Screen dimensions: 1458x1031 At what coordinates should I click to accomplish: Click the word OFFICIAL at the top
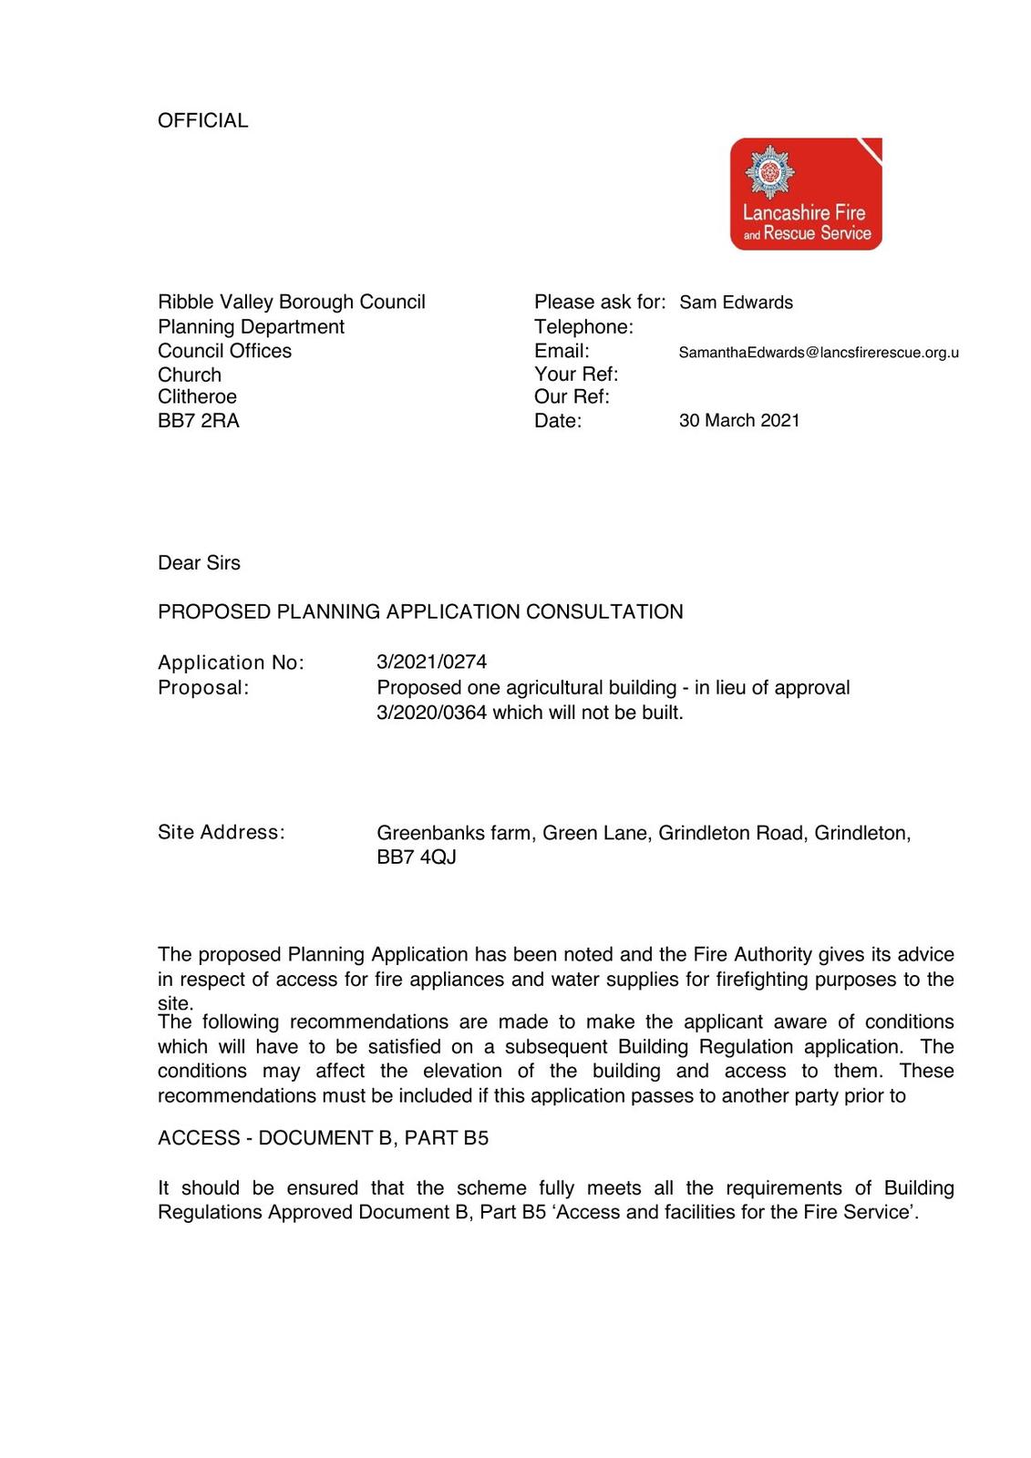click(202, 120)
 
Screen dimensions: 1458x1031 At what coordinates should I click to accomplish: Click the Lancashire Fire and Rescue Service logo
click(806, 194)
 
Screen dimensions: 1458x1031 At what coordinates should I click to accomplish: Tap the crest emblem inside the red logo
click(770, 171)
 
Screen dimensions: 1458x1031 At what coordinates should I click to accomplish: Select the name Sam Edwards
click(736, 303)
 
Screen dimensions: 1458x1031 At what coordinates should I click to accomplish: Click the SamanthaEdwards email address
click(818, 353)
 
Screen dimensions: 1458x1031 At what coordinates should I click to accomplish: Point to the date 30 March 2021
click(739, 420)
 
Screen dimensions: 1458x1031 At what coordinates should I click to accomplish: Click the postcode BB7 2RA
click(199, 421)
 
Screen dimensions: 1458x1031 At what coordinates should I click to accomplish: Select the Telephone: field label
click(583, 327)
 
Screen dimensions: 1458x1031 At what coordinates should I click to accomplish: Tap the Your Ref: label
click(576, 375)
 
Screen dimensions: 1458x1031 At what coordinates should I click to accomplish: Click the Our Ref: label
click(572, 396)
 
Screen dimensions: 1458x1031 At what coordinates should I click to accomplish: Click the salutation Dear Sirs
click(199, 563)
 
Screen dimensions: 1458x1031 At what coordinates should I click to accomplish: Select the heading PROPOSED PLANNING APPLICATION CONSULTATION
click(420, 611)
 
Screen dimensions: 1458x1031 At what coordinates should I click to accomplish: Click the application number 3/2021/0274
click(431, 662)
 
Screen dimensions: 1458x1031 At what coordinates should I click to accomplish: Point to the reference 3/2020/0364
click(431, 713)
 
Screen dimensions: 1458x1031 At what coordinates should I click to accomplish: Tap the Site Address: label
click(221, 832)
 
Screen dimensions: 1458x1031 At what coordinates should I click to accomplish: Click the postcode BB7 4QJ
click(417, 857)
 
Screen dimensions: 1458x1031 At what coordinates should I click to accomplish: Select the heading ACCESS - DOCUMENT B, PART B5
click(323, 1138)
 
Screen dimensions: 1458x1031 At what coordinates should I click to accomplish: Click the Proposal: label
click(203, 688)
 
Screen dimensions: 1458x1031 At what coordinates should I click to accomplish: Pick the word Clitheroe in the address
click(197, 397)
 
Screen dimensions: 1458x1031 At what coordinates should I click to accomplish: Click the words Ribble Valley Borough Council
click(292, 303)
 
